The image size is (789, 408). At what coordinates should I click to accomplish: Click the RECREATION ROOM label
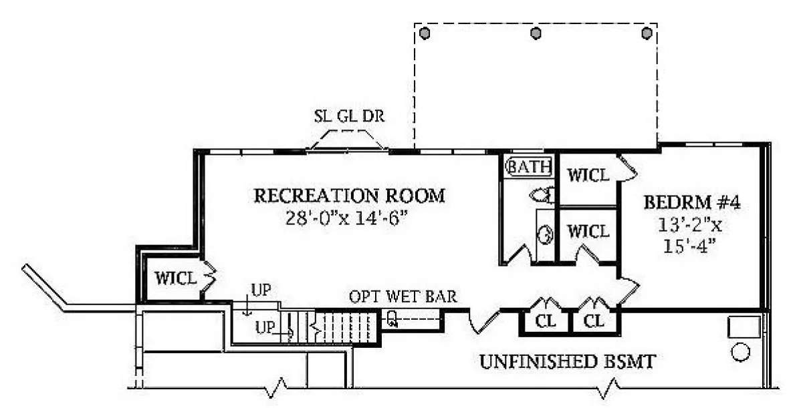(349, 196)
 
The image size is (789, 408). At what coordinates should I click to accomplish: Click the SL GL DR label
(349, 116)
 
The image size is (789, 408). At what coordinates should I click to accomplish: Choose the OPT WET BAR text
(403, 296)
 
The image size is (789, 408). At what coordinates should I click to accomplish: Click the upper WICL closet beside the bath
(588, 175)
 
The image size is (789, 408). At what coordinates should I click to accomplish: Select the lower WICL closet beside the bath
(588, 231)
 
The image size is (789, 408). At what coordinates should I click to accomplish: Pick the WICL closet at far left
(176, 277)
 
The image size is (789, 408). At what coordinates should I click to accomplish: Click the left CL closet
(546, 321)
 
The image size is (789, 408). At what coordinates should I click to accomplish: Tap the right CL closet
(594, 321)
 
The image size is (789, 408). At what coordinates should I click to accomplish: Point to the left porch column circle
(424, 32)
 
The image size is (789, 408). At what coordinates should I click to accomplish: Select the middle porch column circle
(535, 32)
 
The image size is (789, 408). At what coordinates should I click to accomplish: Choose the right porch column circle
(647, 32)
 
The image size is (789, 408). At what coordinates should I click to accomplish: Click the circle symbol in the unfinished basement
(741, 351)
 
